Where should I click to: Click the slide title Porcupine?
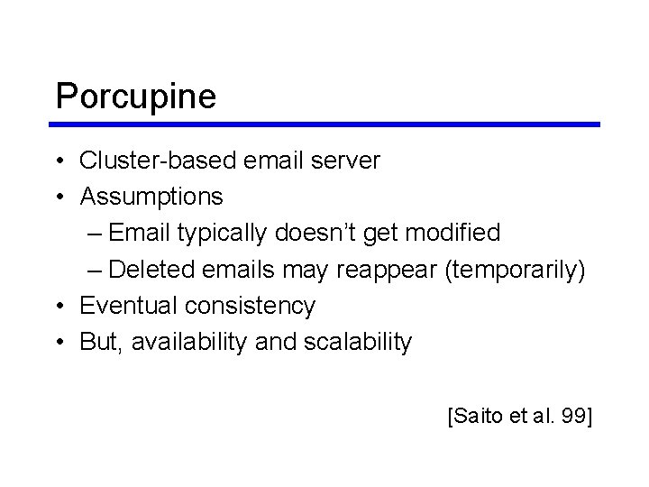click(x=135, y=96)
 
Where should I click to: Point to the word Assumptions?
click(x=151, y=196)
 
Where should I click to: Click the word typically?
click(x=221, y=233)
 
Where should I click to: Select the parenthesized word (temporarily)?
click(x=515, y=270)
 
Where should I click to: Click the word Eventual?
click(x=129, y=306)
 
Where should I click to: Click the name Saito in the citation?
click(x=476, y=417)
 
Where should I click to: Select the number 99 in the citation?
click(x=570, y=417)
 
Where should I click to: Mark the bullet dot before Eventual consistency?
click(x=59, y=307)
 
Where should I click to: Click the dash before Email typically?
click(x=96, y=233)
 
